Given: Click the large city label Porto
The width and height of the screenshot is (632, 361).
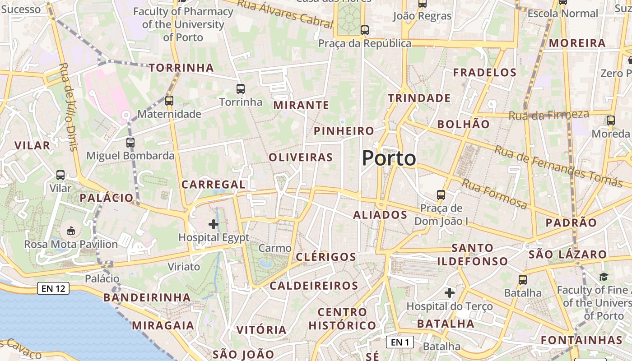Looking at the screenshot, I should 389,158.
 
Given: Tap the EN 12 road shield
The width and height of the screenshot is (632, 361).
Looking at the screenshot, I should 54,288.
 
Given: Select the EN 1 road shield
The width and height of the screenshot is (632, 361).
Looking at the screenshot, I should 400,342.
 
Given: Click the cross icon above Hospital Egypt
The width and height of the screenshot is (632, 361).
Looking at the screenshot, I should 214,224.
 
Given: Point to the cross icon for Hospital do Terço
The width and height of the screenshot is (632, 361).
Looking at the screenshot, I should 450,293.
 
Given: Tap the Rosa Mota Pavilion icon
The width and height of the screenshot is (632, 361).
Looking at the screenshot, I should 71,231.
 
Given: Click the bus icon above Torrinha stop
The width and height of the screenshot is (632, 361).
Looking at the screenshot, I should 241,88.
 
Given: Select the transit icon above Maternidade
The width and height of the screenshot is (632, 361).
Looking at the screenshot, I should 169,100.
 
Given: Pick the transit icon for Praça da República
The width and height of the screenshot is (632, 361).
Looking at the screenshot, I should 365,30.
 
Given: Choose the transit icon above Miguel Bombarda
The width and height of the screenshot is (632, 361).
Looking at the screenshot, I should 130,143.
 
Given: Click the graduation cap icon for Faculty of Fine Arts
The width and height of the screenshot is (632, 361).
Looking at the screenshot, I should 604,277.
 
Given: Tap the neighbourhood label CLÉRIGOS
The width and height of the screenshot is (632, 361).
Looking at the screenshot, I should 326,257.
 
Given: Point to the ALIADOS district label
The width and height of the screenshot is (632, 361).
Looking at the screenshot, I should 380,215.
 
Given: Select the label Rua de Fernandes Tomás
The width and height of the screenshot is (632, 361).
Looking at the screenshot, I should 558,166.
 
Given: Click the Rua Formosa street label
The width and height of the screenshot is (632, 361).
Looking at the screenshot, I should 494,193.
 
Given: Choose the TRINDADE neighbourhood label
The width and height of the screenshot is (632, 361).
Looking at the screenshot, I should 419,98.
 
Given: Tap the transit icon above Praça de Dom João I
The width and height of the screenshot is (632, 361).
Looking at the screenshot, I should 441,195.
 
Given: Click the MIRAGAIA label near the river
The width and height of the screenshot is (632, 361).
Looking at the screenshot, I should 163,325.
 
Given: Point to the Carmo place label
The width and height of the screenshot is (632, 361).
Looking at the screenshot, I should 275,248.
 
